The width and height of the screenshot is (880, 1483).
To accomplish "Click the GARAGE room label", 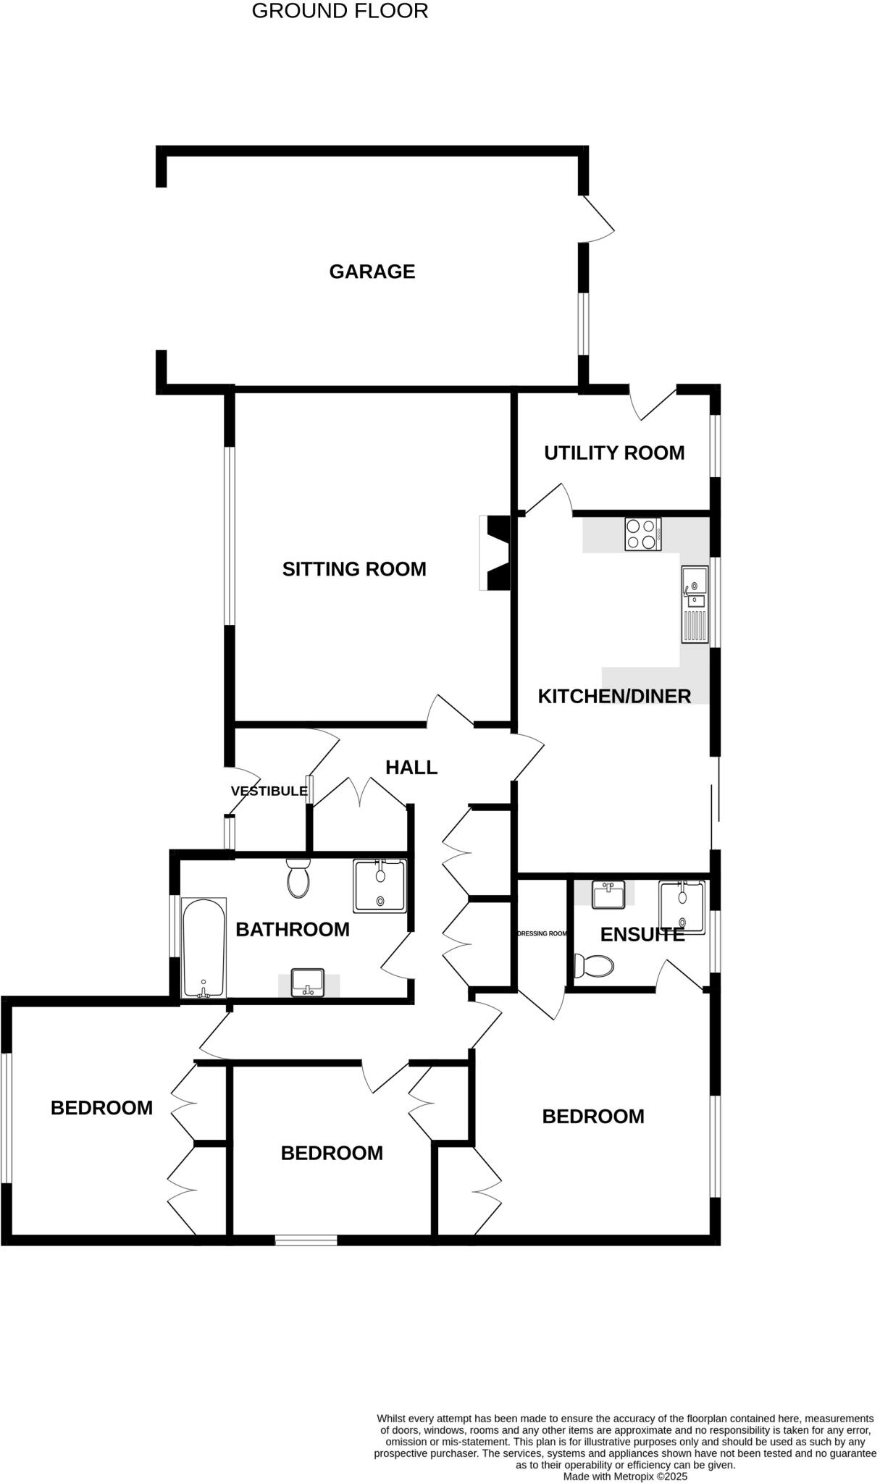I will [x=372, y=272].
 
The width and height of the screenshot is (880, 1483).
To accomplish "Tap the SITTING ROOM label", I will [x=354, y=569].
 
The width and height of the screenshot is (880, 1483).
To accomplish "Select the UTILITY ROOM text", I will [x=614, y=453].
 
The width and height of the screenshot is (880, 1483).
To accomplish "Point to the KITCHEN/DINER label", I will [x=614, y=696].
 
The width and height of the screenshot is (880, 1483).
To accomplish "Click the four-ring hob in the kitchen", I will [x=643, y=534].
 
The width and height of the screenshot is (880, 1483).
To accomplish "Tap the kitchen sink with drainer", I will [x=694, y=605].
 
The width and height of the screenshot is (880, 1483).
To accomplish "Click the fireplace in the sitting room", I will [x=497, y=553].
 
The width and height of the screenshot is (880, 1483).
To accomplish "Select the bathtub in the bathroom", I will [x=204, y=949].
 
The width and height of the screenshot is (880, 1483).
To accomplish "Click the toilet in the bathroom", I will [x=298, y=878].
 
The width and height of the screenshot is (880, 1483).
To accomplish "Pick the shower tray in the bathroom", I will [x=380, y=886].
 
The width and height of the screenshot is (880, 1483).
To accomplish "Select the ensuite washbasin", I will [x=608, y=894].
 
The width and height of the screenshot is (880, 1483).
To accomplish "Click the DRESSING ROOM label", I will [x=542, y=933].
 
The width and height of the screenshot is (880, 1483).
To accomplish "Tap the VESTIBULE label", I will [x=269, y=791].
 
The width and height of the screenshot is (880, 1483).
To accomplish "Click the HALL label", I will [x=411, y=767].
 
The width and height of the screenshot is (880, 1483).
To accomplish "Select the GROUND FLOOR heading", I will [x=340, y=11].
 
